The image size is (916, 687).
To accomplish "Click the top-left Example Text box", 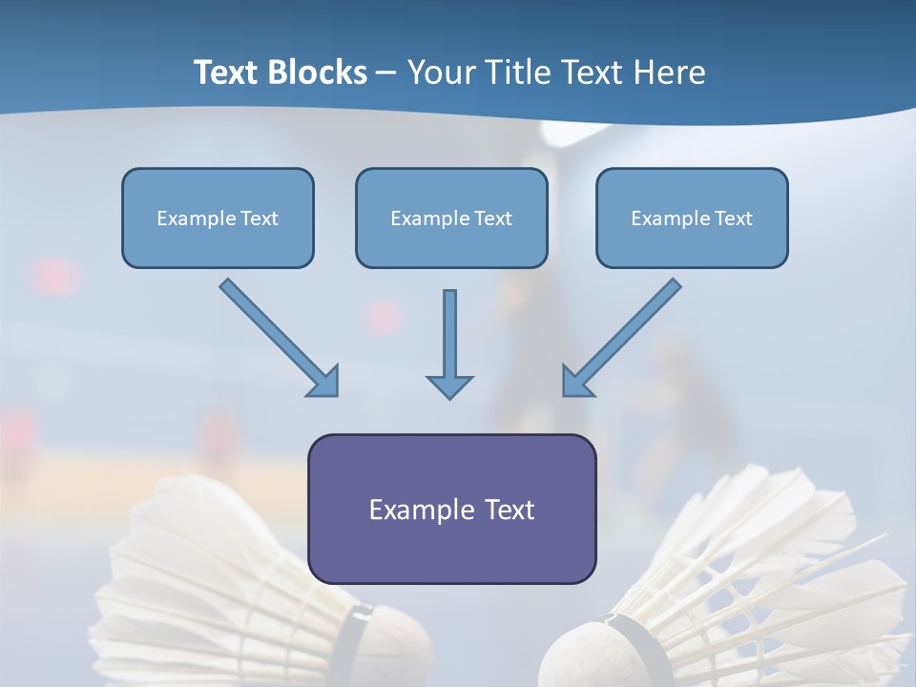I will (218, 218).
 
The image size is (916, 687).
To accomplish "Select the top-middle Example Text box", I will (451, 218).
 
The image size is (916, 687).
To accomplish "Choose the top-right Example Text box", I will (692, 218).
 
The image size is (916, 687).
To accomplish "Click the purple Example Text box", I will (451, 509).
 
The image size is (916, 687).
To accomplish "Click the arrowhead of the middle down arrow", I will (449, 385).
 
